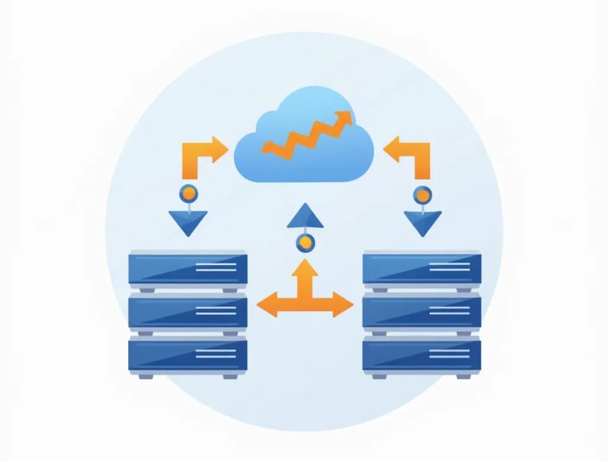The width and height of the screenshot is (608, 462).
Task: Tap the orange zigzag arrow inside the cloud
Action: (x=305, y=137)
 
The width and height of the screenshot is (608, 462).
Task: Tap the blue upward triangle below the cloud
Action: (x=304, y=215)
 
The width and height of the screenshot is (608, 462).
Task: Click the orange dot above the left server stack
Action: (x=188, y=192)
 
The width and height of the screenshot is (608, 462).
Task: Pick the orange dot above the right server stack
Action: (x=423, y=192)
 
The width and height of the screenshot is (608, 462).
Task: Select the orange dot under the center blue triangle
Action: (x=304, y=243)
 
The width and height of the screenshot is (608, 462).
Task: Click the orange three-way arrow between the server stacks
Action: (x=305, y=293)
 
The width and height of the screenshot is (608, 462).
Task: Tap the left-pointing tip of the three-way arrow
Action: (x=264, y=303)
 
